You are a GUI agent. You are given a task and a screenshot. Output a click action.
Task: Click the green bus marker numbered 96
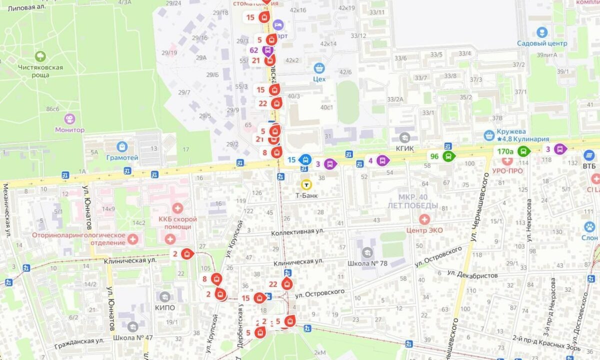tap(448, 156)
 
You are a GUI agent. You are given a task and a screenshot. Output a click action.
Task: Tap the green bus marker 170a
tap(523, 151)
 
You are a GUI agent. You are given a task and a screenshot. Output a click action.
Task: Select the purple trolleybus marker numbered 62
tap(268, 50)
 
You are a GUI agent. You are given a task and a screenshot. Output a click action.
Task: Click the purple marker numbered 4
tap(382, 160)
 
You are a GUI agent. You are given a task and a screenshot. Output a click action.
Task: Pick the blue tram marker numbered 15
tap(304, 159)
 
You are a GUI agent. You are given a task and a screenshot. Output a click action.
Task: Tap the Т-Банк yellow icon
tap(306, 184)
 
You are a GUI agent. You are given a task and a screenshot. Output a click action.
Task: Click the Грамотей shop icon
tap(122, 146)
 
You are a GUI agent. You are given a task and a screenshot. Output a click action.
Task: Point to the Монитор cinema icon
tap(69, 119)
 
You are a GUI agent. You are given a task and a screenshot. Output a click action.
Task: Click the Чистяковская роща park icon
tap(40, 56)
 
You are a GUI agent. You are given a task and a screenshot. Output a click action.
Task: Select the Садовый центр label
tap(542, 43)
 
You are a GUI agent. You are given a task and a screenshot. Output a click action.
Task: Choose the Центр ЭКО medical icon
tap(424, 219)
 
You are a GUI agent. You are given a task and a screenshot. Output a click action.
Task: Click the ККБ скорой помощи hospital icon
tap(177, 208)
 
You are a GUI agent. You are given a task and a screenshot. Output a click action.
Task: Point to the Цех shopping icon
tap(319, 68)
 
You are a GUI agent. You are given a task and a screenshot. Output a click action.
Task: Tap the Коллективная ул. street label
tap(298, 232)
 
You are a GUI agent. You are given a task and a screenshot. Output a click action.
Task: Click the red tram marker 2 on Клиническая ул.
tap(186, 253)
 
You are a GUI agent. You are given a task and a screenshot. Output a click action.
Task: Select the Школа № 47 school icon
tap(132, 326)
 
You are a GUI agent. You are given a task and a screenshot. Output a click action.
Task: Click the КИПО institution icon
tap(165, 296)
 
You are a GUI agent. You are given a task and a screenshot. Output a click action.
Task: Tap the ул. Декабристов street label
tap(472, 274)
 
